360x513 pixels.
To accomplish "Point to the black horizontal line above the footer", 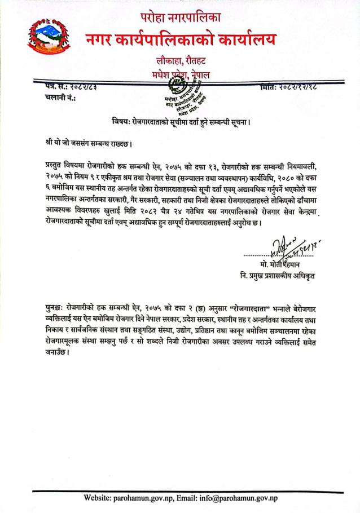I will [180, 489].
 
